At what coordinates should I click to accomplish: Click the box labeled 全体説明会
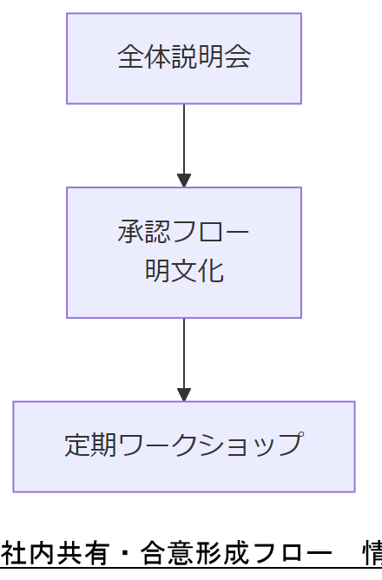(x=184, y=58)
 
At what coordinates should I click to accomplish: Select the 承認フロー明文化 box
(x=184, y=252)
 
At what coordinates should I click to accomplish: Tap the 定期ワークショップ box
(x=184, y=446)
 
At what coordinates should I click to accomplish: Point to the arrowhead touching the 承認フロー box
(x=184, y=181)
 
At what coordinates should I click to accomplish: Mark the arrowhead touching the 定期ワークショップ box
(x=184, y=394)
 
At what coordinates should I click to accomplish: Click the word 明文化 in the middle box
(x=184, y=271)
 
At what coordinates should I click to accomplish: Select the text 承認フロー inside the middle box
(x=184, y=233)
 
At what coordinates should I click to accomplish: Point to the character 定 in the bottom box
(x=77, y=445)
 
